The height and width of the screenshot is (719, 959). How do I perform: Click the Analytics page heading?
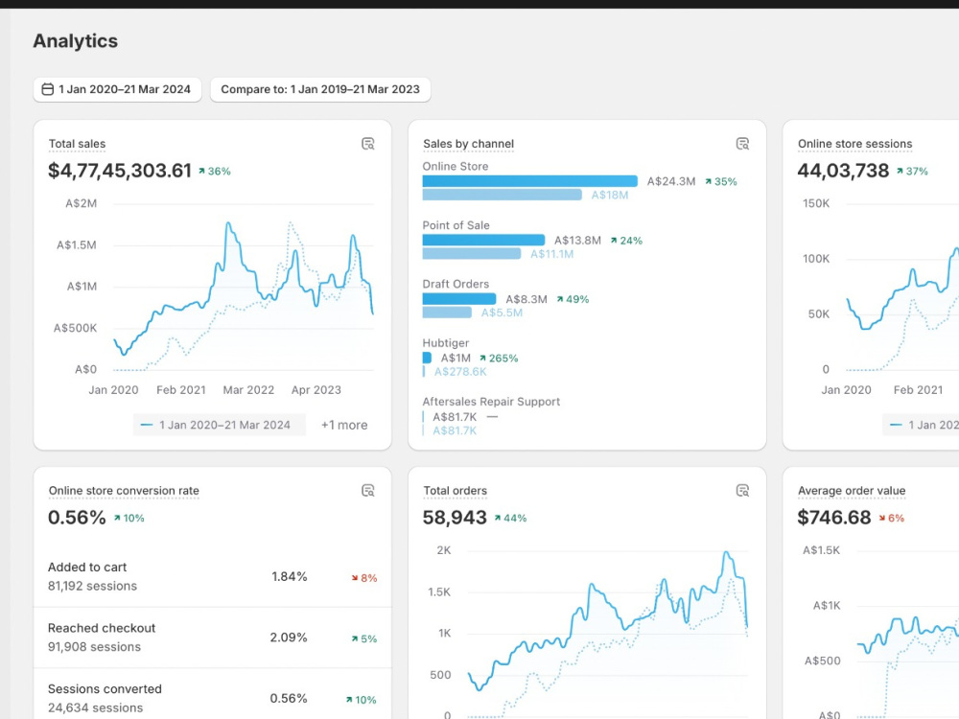[75, 41]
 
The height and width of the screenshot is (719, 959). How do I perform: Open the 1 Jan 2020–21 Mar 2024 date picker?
[117, 89]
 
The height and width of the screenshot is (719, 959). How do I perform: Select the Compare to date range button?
[320, 89]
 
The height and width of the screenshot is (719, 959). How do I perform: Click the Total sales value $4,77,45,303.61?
[120, 171]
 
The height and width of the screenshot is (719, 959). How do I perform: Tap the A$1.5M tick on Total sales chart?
[77, 245]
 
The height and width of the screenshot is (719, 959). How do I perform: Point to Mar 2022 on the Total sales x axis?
[248, 390]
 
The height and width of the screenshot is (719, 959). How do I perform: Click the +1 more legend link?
[344, 425]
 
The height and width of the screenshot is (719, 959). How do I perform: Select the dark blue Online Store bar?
[529, 181]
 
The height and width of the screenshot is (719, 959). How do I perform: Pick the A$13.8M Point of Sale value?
[577, 241]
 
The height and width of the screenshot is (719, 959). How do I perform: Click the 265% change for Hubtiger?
[503, 359]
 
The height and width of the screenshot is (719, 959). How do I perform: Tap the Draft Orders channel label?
[456, 285]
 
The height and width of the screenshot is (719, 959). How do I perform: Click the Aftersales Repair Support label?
[491, 402]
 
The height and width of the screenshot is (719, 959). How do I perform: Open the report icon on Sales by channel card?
[742, 144]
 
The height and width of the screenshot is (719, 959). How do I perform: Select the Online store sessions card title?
[855, 144]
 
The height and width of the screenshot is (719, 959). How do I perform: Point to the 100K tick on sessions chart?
[816, 259]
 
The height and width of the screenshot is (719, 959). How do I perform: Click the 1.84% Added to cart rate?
[290, 576]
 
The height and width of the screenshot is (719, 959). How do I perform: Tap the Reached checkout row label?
[102, 628]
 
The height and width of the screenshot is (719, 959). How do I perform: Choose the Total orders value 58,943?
[455, 518]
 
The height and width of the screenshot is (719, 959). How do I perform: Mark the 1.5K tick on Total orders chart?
[439, 591]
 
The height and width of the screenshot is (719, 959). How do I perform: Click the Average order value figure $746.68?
[833, 518]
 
